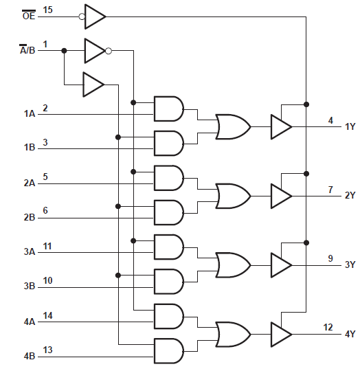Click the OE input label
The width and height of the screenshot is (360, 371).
pyautogui.click(x=28, y=14)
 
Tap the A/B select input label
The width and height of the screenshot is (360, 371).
pyautogui.click(x=28, y=50)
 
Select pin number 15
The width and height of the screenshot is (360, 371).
pyautogui.click(x=48, y=10)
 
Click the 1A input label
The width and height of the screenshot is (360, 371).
pyautogui.click(x=29, y=112)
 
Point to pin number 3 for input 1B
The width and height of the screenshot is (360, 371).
pyautogui.click(x=45, y=142)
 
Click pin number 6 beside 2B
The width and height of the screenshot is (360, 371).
pyautogui.click(x=45, y=211)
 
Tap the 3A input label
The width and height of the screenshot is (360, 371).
pyautogui.click(x=29, y=252)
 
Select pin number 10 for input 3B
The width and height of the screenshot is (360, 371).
pyautogui.click(x=47, y=281)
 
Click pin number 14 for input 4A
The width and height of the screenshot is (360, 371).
pyautogui.click(x=47, y=315)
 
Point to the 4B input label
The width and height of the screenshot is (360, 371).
pyautogui.click(x=29, y=357)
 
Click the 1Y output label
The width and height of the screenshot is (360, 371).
pyautogui.click(x=350, y=126)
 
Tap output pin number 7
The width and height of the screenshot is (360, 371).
pyautogui.click(x=330, y=189)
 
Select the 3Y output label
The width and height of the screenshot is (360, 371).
pyautogui.click(x=350, y=265)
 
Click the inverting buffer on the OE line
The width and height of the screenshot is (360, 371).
pyautogui.click(x=95, y=16)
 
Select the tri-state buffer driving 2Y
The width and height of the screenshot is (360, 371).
pyautogui.click(x=280, y=195)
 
